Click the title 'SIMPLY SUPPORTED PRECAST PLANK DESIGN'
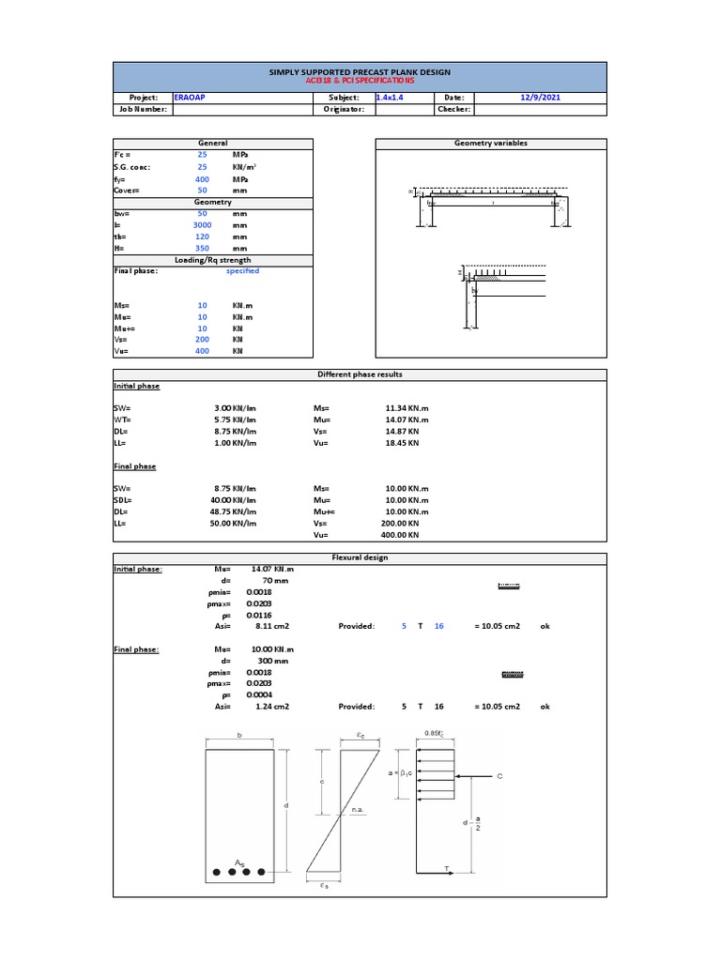point(360,71)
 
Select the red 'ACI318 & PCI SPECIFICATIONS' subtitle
point(360,81)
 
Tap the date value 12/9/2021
point(541,97)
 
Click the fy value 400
point(202,178)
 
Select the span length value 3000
point(202,225)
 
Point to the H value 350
point(202,249)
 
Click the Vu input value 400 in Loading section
point(202,351)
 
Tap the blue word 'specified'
point(242,271)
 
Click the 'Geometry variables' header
point(490,144)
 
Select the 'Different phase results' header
point(360,374)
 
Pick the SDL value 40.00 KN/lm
point(235,500)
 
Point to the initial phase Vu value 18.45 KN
point(402,443)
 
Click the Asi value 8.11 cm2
point(270,626)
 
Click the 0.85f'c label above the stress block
point(433,733)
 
